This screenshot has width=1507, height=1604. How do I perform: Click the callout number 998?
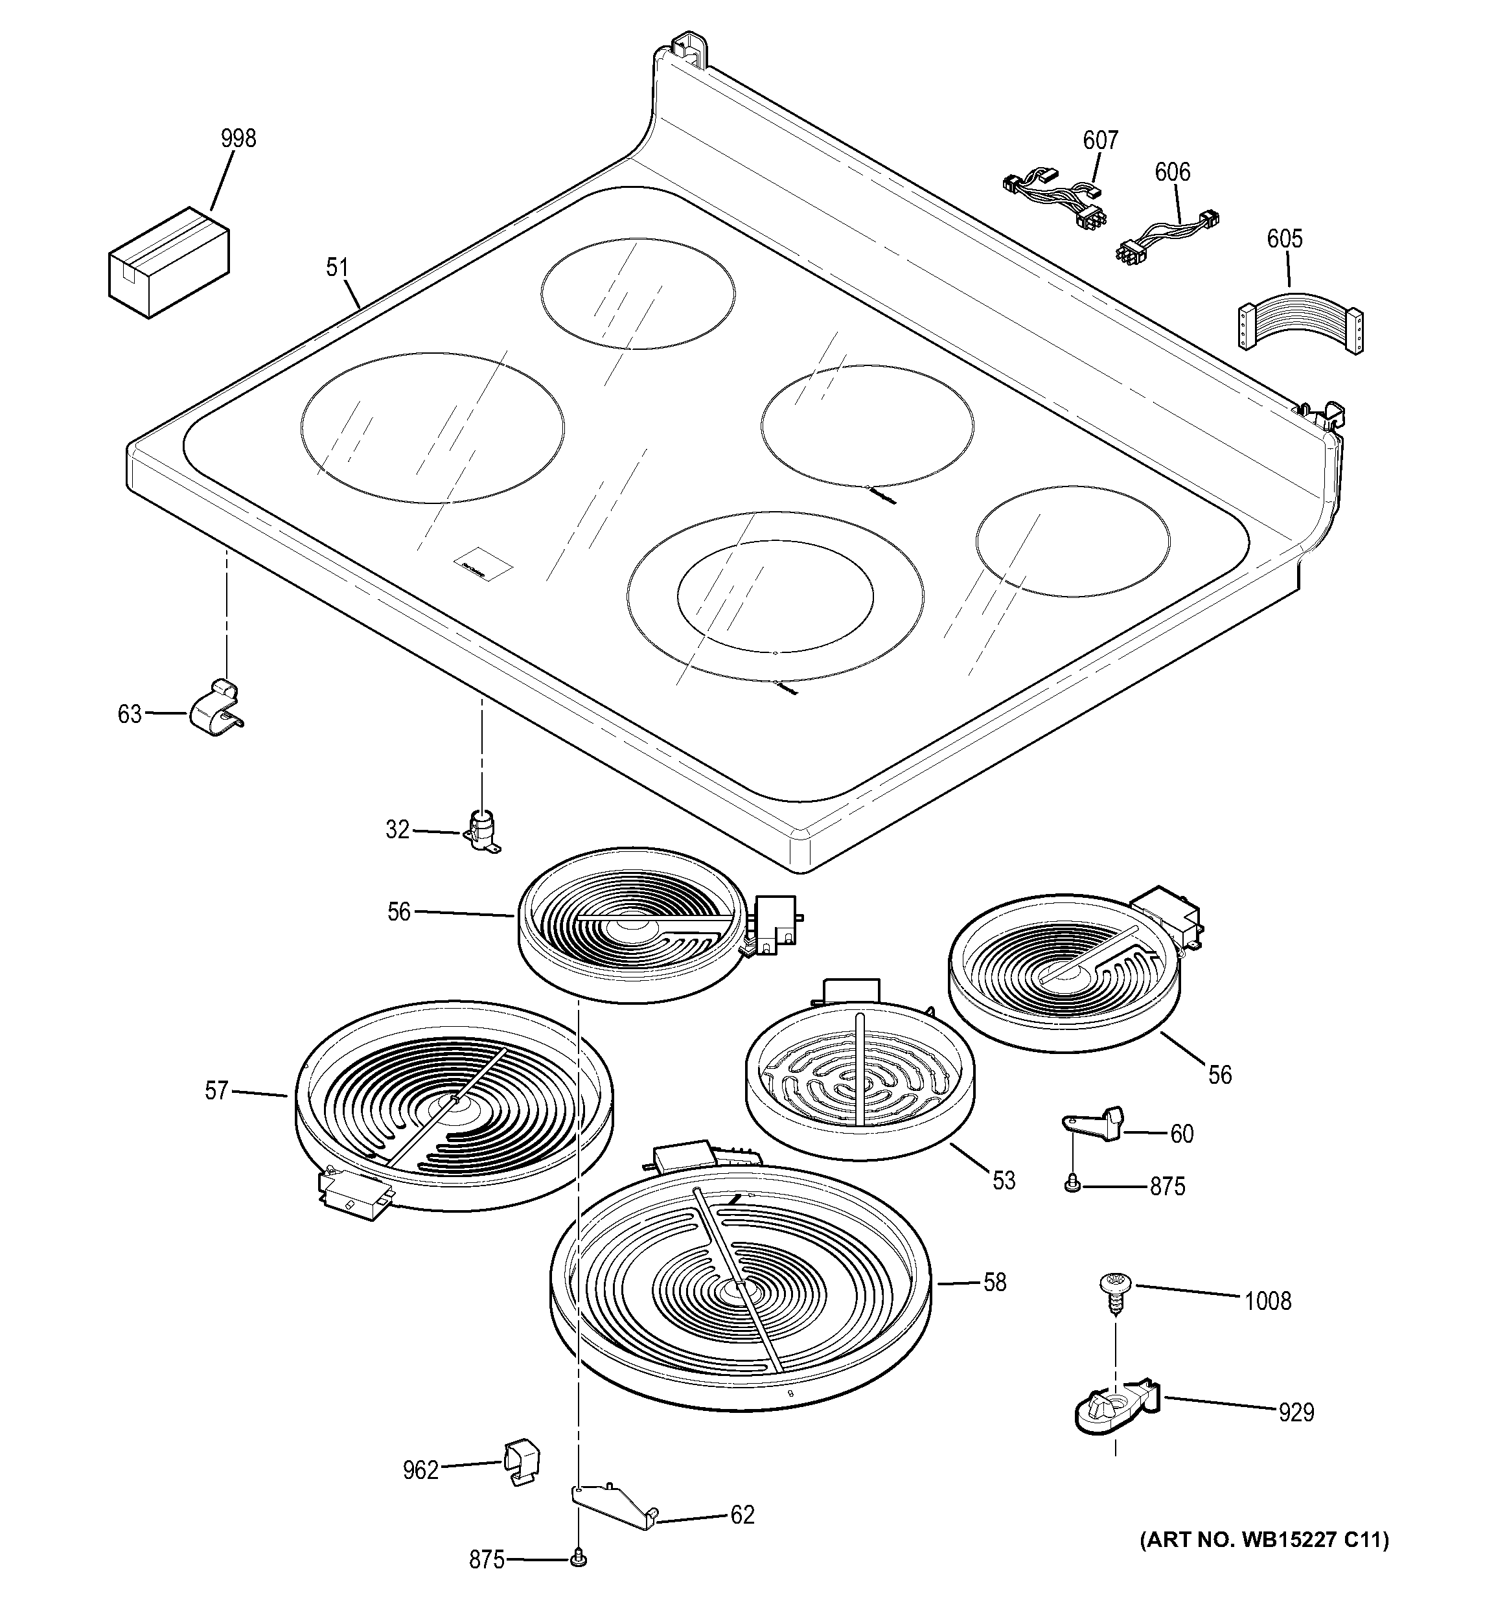[x=239, y=139]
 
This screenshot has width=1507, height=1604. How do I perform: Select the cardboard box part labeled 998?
[x=168, y=262]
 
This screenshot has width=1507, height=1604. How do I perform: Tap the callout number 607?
[x=1100, y=141]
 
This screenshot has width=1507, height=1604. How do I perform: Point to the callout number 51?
[x=337, y=267]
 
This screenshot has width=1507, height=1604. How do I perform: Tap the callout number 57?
[x=216, y=1092]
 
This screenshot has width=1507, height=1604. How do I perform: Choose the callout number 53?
[x=1004, y=1180]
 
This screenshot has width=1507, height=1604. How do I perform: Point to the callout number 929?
[x=1296, y=1412]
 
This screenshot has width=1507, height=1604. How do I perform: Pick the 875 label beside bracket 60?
[x=1168, y=1186]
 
